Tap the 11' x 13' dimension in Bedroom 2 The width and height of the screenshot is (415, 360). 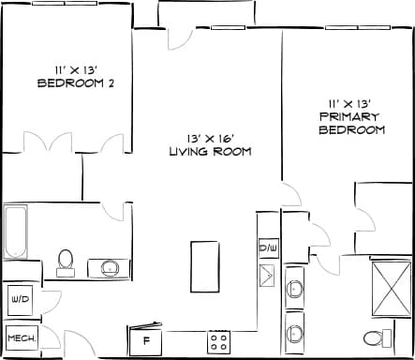click(x=74, y=67)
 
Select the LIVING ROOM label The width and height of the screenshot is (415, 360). click(x=210, y=152)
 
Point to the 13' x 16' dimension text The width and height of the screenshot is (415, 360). click(x=210, y=137)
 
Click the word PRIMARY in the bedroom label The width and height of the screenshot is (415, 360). click(x=351, y=116)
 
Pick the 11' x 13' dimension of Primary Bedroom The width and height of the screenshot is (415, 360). click(x=351, y=102)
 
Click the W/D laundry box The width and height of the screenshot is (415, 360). click(x=19, y=301)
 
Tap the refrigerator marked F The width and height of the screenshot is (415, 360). click(x=146, y=338)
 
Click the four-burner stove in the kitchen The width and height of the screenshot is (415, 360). click(x=219, y=339)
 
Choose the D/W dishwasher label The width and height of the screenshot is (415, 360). click(x=268, y=248)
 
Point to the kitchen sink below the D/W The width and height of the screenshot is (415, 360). click(x=268, y=275)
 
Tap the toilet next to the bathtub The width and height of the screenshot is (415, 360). click(x=66, y=260)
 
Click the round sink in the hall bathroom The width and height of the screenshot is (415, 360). click(x=110, y=268)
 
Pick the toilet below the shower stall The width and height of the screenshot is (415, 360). click(x=374, y=337)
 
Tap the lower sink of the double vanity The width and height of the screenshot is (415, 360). click(x=295, y=333)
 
